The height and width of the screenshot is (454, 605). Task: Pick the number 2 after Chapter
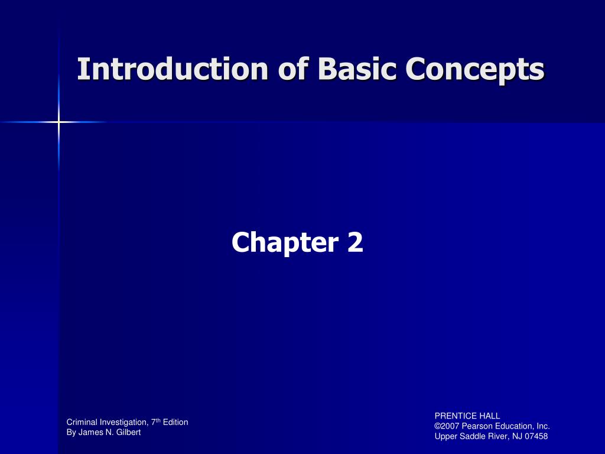click(355, 242)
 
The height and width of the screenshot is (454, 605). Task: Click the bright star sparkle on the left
click(58, 122)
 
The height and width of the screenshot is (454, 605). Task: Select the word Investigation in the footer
click(122, 423)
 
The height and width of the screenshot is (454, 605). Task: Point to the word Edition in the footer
click(176, 422)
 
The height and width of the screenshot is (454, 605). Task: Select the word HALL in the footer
click(489, 416)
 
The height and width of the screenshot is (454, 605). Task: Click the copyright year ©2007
click(449, 426)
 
